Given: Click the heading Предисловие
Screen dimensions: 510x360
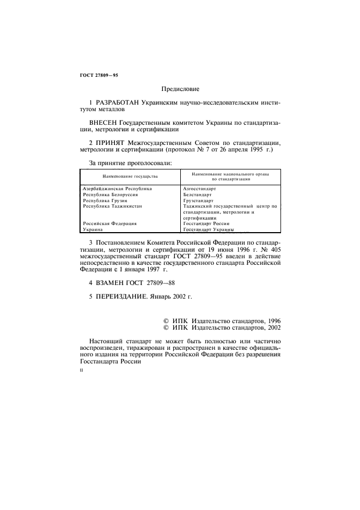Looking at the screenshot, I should click(x=180, y=88).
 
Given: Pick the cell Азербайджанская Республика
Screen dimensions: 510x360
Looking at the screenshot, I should click(x=117, y=189).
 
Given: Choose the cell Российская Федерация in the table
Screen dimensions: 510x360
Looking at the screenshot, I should click(x=109, y=224).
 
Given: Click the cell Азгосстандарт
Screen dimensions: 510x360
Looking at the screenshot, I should click(x=200, y=189).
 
